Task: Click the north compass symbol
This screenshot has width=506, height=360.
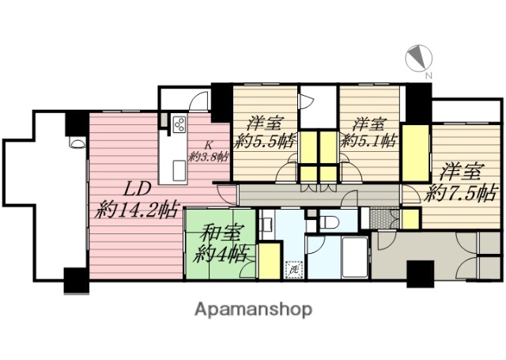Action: click(416, 58)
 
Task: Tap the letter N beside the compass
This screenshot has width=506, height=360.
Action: click(429, 76)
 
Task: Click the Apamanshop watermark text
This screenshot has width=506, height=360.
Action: click(253, 309)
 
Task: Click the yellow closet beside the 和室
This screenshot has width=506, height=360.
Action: click(269, 261)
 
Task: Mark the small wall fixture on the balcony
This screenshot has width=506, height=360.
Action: click(77, 144)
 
